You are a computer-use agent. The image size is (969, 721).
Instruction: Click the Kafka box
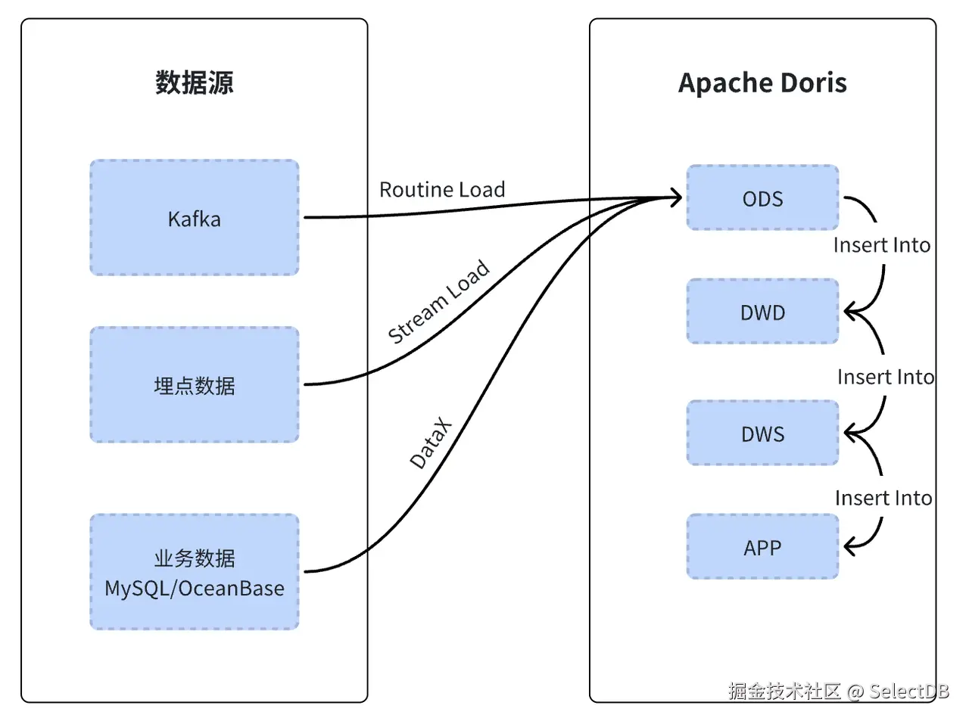coord(194,218)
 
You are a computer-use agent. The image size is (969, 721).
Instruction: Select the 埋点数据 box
coord(194,385)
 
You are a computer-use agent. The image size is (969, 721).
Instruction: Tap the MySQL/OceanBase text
coord(194,589)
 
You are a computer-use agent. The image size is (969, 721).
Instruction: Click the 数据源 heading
coord(194,82)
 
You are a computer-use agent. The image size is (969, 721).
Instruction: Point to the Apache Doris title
coord(762,82)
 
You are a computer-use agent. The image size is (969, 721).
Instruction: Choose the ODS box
coord(762,198)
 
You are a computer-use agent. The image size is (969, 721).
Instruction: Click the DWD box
coord(762,312)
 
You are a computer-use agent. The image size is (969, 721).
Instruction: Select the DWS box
coord(762,434)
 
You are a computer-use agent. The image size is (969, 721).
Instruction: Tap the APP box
coord(762,547)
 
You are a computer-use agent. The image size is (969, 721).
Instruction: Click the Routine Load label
coord(441,189)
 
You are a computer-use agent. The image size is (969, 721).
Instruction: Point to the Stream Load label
coord(438,302)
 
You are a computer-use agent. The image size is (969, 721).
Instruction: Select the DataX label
coord(430,443)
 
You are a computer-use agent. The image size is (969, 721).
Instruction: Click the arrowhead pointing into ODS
coord(676,198)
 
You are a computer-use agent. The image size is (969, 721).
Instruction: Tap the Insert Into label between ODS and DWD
coord(881,245)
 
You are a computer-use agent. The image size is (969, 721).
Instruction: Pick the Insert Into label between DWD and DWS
coord(885,377)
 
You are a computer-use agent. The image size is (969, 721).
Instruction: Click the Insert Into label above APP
coord(883,498)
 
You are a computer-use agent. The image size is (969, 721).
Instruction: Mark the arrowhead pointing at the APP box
coord(849,545)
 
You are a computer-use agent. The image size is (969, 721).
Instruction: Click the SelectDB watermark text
coord(908,691)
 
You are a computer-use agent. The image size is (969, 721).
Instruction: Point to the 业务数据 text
coord(194,558)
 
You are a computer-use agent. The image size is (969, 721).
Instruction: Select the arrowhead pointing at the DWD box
coord(849,311)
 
